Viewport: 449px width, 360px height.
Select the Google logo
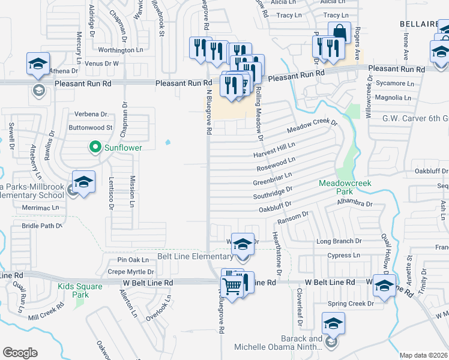click(x=20, y=353)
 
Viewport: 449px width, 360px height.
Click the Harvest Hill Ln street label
click(x=274, y=148)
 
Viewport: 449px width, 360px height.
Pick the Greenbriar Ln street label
click(x=272, y=178)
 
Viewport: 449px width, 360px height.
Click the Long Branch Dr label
click(x=339, y=241)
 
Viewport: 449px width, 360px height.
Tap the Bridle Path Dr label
click(x=42, y=226)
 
